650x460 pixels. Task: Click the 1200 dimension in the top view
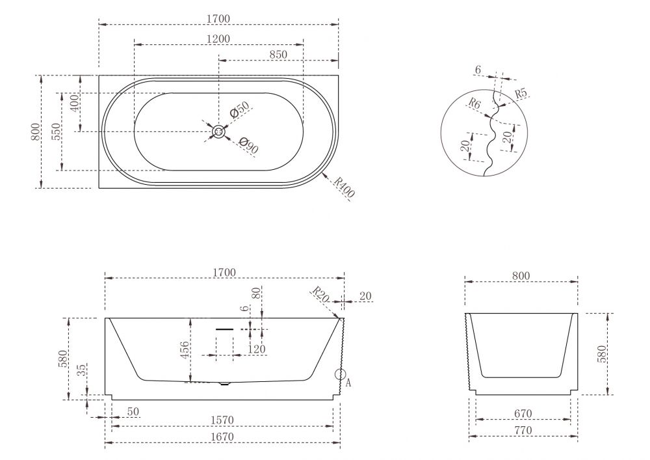(218, 38)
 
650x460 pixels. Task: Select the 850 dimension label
(278, 55)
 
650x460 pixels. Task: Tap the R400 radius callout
(344, 187)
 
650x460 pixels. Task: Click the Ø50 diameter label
(240, 109)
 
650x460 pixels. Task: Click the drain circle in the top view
(218, 132)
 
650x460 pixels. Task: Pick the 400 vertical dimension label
(74, 103)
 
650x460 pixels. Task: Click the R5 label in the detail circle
(521, 93)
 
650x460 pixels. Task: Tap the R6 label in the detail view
(474, 103)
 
